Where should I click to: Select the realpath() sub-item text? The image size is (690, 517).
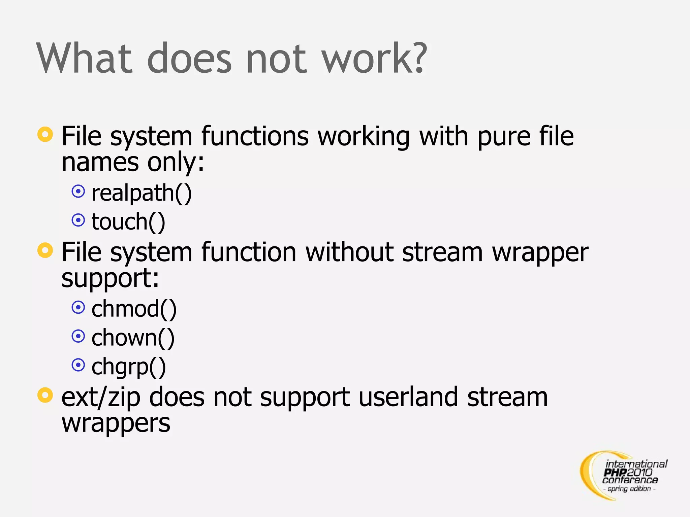(142, 193)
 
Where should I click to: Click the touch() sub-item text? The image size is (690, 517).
(128, 222)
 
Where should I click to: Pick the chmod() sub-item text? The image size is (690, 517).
(134, 309)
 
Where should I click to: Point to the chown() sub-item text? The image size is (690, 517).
(133, 338)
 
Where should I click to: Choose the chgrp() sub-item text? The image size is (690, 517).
(128, 367)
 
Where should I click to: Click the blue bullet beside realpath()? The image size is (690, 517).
(78, 192)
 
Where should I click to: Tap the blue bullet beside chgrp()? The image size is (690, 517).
(78, 365)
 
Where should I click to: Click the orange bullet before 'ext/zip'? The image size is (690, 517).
(45, 395)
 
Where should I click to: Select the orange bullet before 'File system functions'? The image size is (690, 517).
(45, 134)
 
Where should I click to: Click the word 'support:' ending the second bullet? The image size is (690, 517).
(110, 278)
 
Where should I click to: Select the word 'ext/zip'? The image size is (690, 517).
(101, 398)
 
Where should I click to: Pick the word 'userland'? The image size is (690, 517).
(408, 397)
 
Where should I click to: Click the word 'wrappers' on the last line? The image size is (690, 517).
(116, 423)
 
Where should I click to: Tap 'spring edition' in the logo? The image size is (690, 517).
(629, 488)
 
